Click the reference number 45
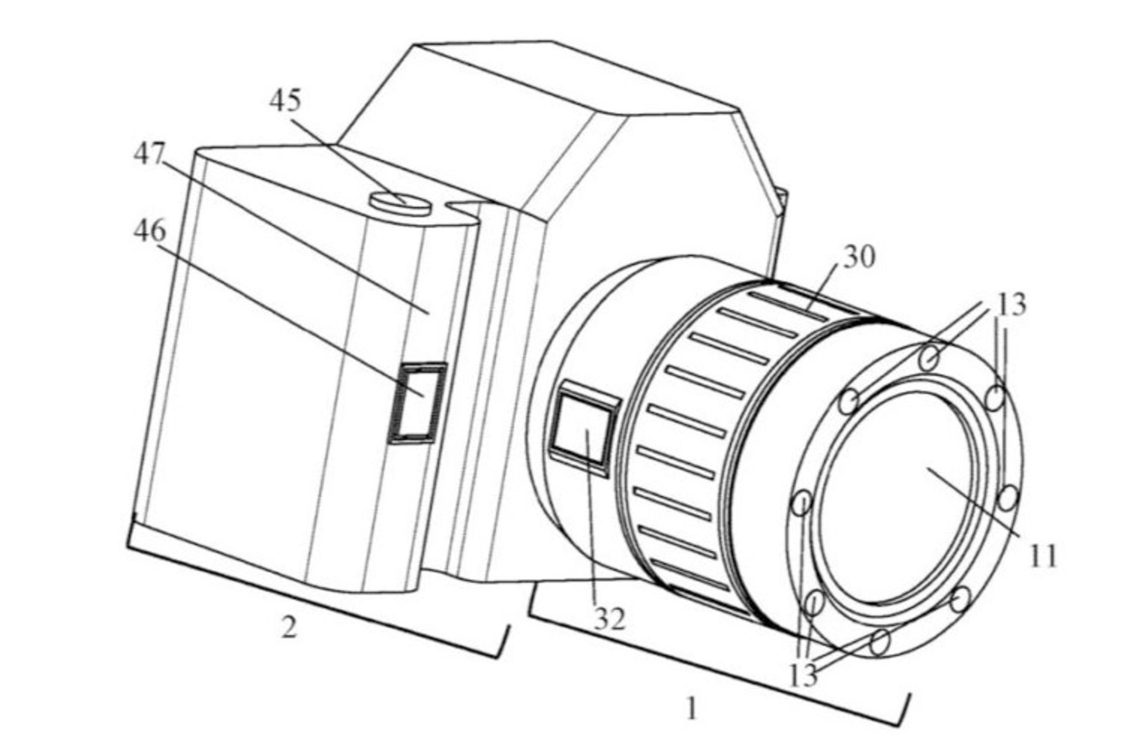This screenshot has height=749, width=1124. pyautogui.click(x=285, y=101)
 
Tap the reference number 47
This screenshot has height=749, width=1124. pyautogui.click(x=149, y=154)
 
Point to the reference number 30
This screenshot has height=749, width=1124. pyautogui.click(x=859, y=257)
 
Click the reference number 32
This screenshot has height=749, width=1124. pyautogui.click(x=609, y=619)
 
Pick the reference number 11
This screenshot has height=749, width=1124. pyautogui.click(x=1044, y=555)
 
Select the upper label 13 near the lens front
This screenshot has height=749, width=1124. pyautogui.click(x=1012, y=304)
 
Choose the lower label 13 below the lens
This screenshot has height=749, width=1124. pyautogui.click(x=803, y=676)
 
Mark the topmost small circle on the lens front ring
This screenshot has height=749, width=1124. pyautogui.click(x=929, y=358)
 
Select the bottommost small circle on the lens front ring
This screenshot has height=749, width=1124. pyautogui.click(x=879, y=642)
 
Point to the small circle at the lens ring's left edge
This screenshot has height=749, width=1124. pyautogui.click(x=802, y=503)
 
